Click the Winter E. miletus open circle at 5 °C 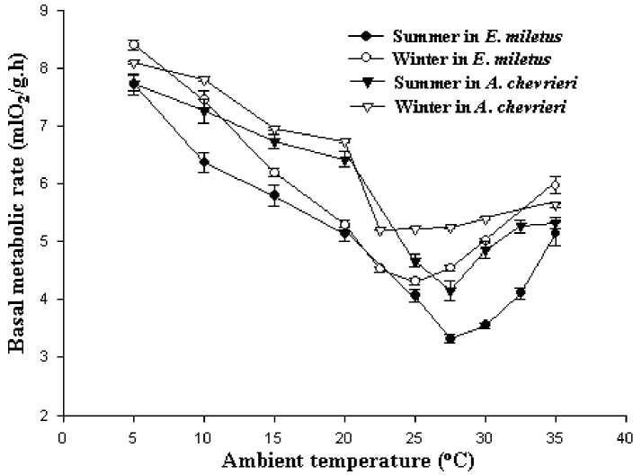134,45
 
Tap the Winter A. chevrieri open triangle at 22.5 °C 379,231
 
